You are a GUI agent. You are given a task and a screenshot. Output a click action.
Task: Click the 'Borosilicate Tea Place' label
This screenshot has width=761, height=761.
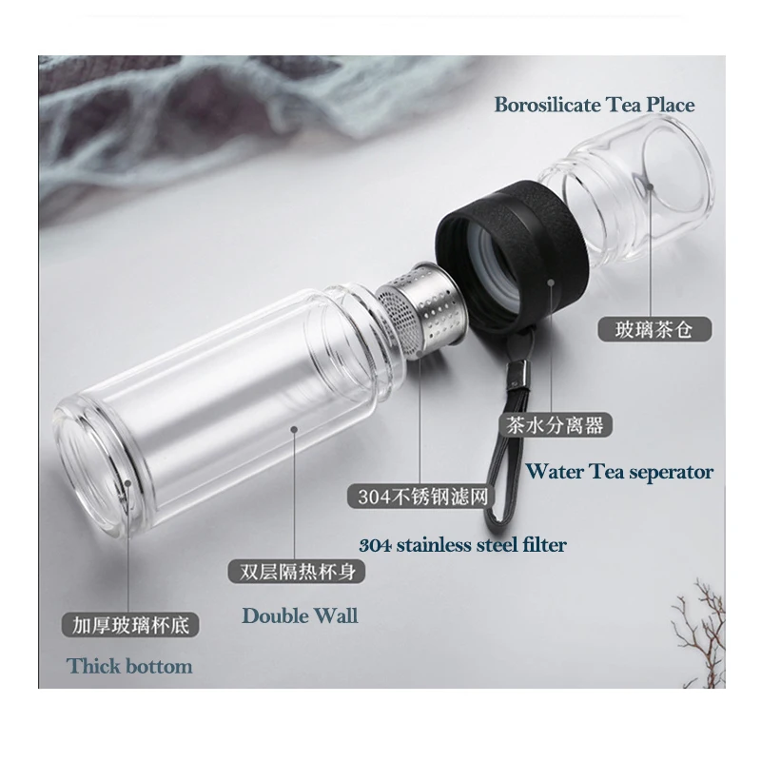pyautogui.click(x=594, y=105)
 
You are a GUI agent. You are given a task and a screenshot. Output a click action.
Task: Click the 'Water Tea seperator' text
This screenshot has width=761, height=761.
pyautogui.click(x=619, y=471)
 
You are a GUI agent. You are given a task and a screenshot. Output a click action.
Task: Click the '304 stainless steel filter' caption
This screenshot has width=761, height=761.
pyautogui.click(x=462, y=545)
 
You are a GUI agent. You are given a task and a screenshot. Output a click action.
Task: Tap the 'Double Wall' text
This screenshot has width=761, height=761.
pyautogui.click(x=300, y=615)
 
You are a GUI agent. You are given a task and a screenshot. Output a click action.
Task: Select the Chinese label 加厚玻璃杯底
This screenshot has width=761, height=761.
pyautogui.click(x=127, y=626)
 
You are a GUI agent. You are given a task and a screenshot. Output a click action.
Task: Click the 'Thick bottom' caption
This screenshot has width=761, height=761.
pyautogui.click(x=129, y=666)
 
